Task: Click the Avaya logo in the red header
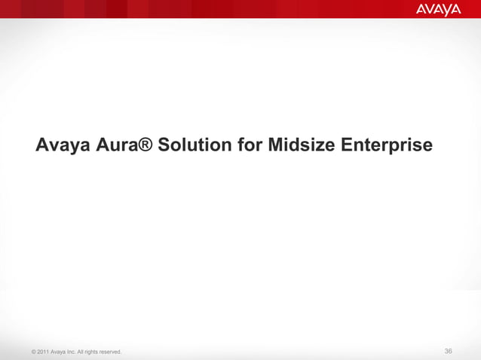pyautogui.click(x=438, y=10)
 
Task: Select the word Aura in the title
pyautogui.click(x=117, y=144)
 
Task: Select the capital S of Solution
pyautogui.click(x=164, y=144)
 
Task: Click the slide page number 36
pyautogui.click(x=449, y=351)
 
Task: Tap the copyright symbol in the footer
pyautogui.click(x=28, y=352)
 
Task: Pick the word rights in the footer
pyautogui.click(x=97, y=352)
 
